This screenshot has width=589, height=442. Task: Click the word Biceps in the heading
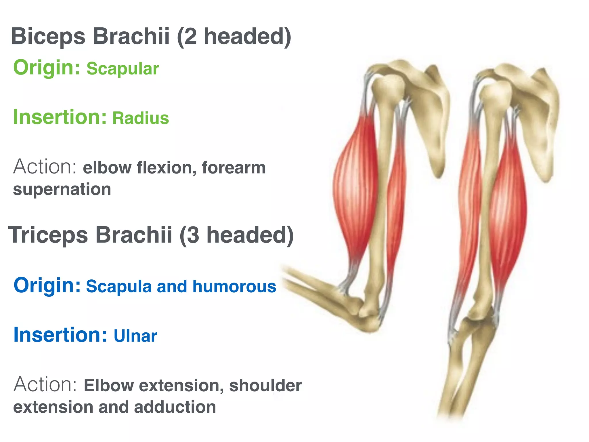(48, 37)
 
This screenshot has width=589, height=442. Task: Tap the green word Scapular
(123, 69)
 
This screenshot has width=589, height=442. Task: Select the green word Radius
(141, 118)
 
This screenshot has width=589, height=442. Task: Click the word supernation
(62, 190)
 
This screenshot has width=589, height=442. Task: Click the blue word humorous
(234, 287)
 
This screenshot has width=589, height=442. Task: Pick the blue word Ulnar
(135, 336)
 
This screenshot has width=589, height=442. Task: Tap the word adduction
(175, 407)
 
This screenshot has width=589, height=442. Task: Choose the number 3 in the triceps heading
(193, 235)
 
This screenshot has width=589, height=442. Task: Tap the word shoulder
(265, 386)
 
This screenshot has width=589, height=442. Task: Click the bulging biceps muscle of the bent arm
(355, 187)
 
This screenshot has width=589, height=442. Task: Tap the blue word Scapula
(119, 287)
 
